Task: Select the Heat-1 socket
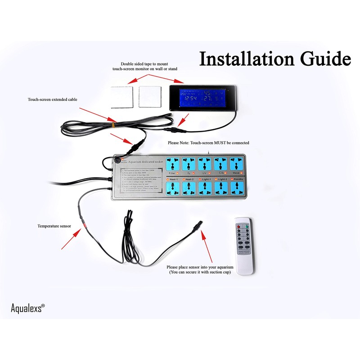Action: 173,189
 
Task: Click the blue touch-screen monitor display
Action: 201,97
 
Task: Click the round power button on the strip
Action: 118,160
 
